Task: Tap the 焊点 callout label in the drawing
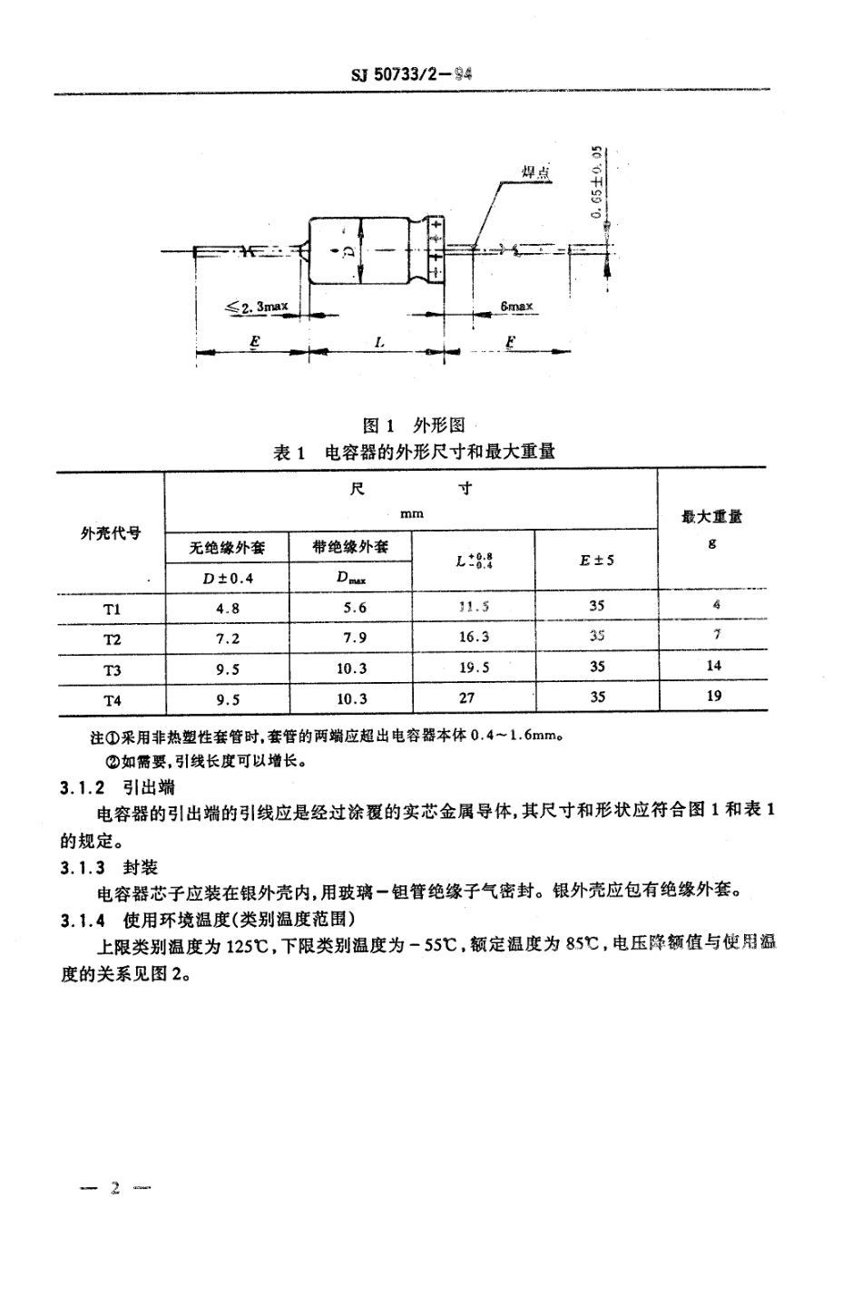[x=536, y=171]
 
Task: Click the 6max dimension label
[x=516, y=307]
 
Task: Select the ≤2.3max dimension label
[x=258, y=307]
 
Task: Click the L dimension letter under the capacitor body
[x=379, y=343]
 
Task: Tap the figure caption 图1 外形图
[x=414, y=424]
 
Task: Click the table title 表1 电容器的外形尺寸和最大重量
[x=414, y=451]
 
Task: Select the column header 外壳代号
[x=111, y=532]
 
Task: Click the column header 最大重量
[x=711, y=517]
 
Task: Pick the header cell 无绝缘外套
[x=227, y=547]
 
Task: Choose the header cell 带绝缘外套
[x=350, y=547]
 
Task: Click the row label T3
[x=112, y=669]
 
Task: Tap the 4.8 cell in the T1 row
[x=228, y=609]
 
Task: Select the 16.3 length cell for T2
[x=474, y=637]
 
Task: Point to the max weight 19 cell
[x=713, y=696]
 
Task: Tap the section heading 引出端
[x=149, y=786]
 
